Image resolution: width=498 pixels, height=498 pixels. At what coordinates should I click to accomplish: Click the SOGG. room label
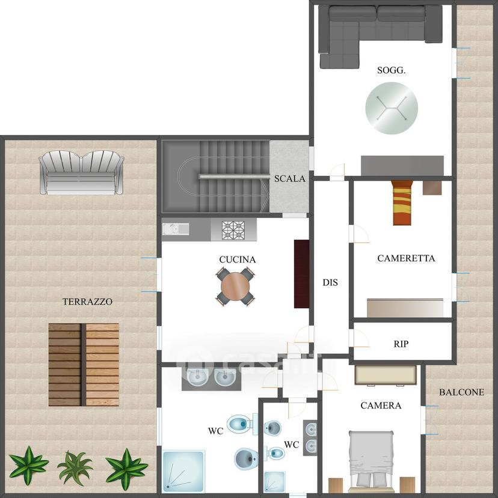391,70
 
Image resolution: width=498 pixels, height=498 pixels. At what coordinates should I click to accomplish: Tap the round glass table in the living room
392,108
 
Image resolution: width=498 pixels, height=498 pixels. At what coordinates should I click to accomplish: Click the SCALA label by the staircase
290,178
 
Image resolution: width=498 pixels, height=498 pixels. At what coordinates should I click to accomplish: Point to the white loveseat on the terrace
81,172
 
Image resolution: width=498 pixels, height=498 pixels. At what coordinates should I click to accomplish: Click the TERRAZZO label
87,302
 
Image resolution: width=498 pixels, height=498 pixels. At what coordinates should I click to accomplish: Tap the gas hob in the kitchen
233,230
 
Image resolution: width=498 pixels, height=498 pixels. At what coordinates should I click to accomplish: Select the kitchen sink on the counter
176,229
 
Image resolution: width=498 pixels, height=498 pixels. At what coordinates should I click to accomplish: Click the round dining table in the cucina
235,287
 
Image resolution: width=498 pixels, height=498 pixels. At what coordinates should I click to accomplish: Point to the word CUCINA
238,260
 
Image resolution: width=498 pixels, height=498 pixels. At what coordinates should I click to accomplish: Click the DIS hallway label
330,282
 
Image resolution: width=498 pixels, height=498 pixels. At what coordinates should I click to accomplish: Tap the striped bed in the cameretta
402,202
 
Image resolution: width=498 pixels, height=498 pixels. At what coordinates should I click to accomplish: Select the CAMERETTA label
406,258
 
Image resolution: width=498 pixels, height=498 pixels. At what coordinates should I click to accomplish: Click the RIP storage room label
401,344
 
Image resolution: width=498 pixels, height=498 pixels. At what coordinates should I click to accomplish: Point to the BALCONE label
462,392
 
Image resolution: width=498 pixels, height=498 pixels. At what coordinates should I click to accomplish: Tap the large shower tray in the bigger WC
184,471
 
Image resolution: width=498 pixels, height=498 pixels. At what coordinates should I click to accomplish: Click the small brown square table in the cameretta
432,187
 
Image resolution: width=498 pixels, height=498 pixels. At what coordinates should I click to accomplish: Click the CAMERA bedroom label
381,405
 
